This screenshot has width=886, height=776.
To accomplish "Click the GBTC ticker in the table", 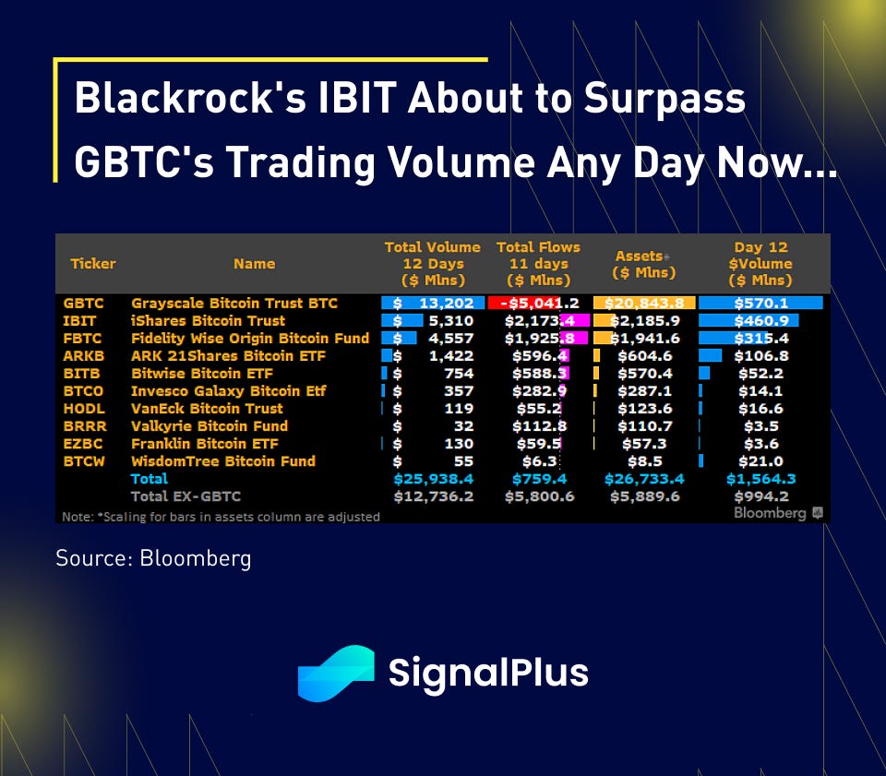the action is pos(83,304).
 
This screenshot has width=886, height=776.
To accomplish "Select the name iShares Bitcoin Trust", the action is pos(208,321).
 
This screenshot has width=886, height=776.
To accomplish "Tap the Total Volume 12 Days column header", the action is pos(433,264).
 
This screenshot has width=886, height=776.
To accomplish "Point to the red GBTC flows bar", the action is pos(524,304).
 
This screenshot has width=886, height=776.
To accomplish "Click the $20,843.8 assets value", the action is pos(644,304).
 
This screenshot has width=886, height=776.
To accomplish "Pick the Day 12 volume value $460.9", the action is pos(760,321).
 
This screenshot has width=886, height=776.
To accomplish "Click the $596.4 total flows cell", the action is pos(540,356).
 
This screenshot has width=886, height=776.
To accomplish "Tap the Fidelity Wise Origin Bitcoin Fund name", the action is pos(250,339).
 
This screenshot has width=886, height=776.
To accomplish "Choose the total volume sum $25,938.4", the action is pos(434,479).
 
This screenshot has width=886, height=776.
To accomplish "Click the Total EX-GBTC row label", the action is pos(186,496).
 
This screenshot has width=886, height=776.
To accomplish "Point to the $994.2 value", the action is pos(760,496).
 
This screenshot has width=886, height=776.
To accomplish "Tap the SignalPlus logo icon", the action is pos(336,674).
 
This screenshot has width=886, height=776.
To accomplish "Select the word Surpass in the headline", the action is pos(664,99).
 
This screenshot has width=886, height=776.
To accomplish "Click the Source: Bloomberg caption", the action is pos(153,558).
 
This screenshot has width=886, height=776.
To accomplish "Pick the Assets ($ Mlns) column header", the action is pos(644,264).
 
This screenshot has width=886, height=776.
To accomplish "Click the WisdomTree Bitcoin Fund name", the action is pos(223,461).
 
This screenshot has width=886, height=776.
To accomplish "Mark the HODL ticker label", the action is pos(84,409).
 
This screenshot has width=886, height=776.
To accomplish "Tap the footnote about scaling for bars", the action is pos(221,517).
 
